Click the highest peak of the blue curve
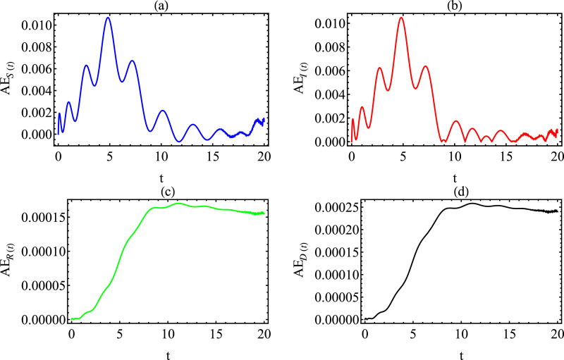pos(108,18)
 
